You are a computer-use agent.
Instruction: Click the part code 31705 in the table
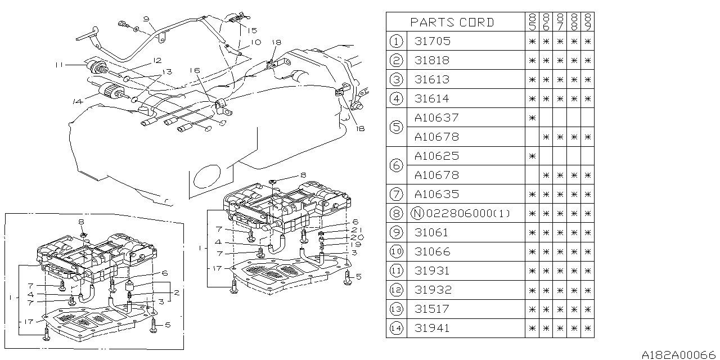432,41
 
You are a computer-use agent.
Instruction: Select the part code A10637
436,118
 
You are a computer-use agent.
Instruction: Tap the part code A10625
436,156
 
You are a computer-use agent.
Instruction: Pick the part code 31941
432,328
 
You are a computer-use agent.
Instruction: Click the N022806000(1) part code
461,213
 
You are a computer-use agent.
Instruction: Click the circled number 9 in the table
397,232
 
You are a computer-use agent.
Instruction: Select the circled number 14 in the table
397,328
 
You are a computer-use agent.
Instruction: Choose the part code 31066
432,251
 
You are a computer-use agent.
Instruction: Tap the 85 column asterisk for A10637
532,118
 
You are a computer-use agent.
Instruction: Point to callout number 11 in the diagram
58,65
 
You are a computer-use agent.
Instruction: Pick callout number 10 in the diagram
255,42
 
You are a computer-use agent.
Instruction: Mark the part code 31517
432,309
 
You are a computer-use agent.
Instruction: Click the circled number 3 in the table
397,79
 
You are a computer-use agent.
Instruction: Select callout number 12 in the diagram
157,60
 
